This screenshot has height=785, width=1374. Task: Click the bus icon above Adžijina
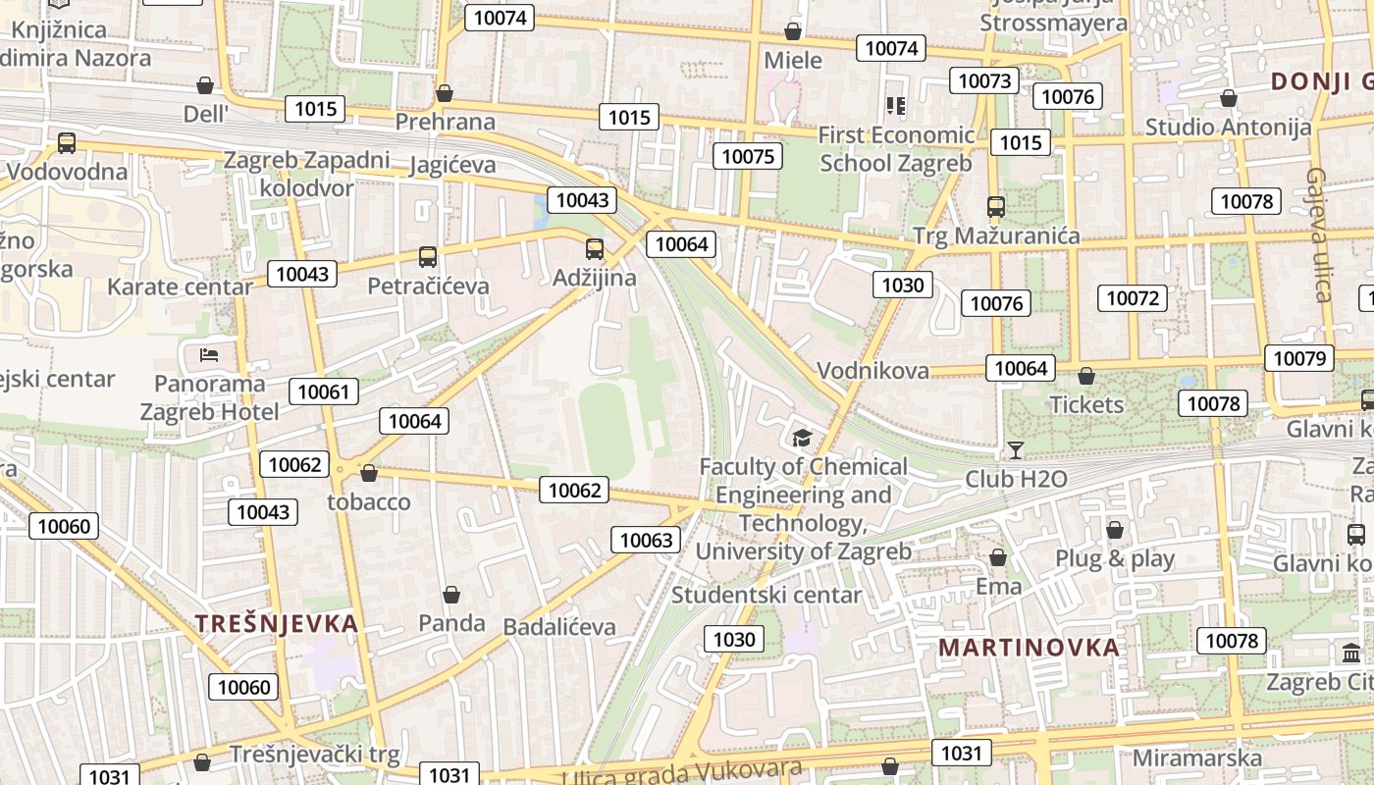[594, 249]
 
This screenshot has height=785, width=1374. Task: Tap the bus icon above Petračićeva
[428, 257]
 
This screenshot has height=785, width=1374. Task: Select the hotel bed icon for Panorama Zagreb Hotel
[208, 354]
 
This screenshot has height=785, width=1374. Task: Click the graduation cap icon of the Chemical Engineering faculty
[803, 438]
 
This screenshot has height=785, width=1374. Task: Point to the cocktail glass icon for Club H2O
[1015, 450]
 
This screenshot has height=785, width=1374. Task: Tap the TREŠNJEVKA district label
[276, 623]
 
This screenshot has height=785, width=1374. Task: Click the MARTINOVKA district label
[1029, 648]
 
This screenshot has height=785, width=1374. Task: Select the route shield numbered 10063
[647, 540]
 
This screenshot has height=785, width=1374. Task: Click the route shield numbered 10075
[748, 156]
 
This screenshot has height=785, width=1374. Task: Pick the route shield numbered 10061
[323, 392]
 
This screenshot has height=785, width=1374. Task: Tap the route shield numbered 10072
[1133, 298]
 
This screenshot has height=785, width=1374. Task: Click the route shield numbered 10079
[1299, 358]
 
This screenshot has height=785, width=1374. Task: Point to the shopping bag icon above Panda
[451, 595]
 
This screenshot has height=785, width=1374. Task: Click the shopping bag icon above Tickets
[1085, 376]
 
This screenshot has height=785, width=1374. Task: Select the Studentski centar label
[766, 595]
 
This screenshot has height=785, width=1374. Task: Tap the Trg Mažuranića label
[995, 235]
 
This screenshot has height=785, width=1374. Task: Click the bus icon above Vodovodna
[67, 143]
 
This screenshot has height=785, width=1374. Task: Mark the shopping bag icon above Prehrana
[445, 93]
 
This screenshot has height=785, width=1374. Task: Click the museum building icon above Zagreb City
[1351, 653]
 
